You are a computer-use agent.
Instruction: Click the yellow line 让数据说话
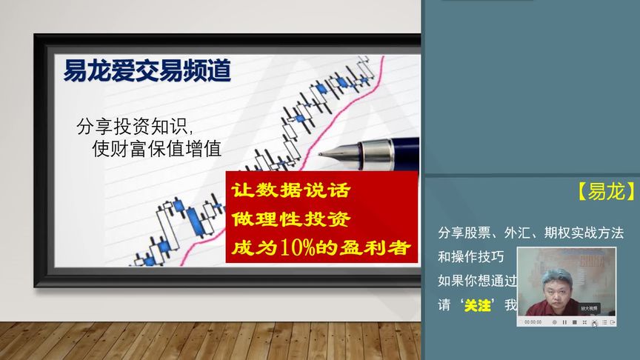(290, 190)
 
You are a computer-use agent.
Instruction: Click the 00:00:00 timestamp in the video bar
(533, 322)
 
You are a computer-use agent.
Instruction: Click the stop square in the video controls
(574, 322)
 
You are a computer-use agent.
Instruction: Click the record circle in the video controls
(555, 322)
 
